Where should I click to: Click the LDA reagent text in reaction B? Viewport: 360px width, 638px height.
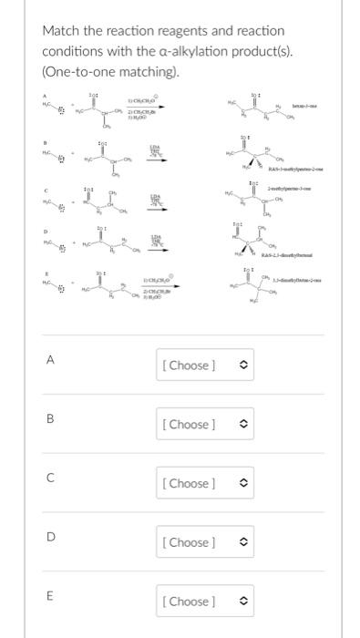[x=155, y=148]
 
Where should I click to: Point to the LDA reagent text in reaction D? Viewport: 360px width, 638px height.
[x=155, y=236]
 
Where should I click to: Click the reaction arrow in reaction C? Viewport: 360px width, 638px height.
[x=155, y=205]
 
